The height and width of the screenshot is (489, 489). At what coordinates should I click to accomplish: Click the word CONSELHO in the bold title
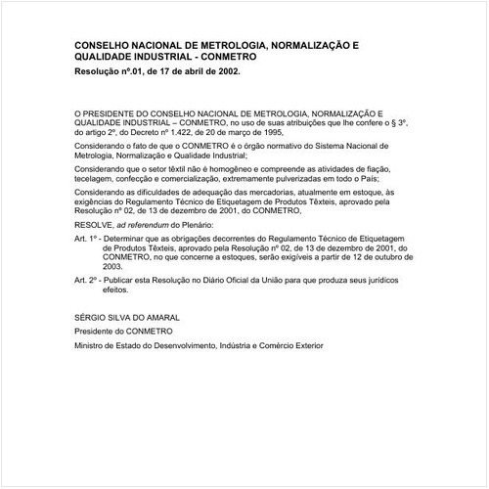click(106, 45)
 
